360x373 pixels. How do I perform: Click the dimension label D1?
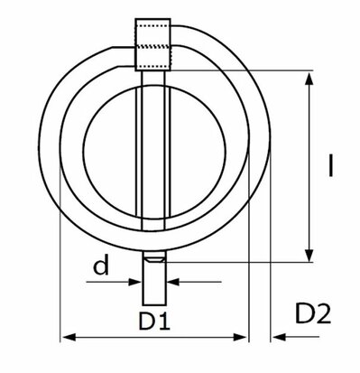click(154, 321)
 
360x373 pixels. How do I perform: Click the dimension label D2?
click(313, 313)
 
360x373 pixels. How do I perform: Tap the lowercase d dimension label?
click(101, 264)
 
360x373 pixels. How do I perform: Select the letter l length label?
click(331, 165)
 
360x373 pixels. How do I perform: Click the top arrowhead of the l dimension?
click(309, 79)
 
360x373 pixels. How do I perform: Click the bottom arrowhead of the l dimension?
click(309, 255)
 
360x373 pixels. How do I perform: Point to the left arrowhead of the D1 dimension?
click(68, 337)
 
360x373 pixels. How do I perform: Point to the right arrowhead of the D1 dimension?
click(241, 337)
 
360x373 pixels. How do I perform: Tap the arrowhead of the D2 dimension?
click(279, 337)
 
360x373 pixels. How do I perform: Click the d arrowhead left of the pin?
click(134, 282)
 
